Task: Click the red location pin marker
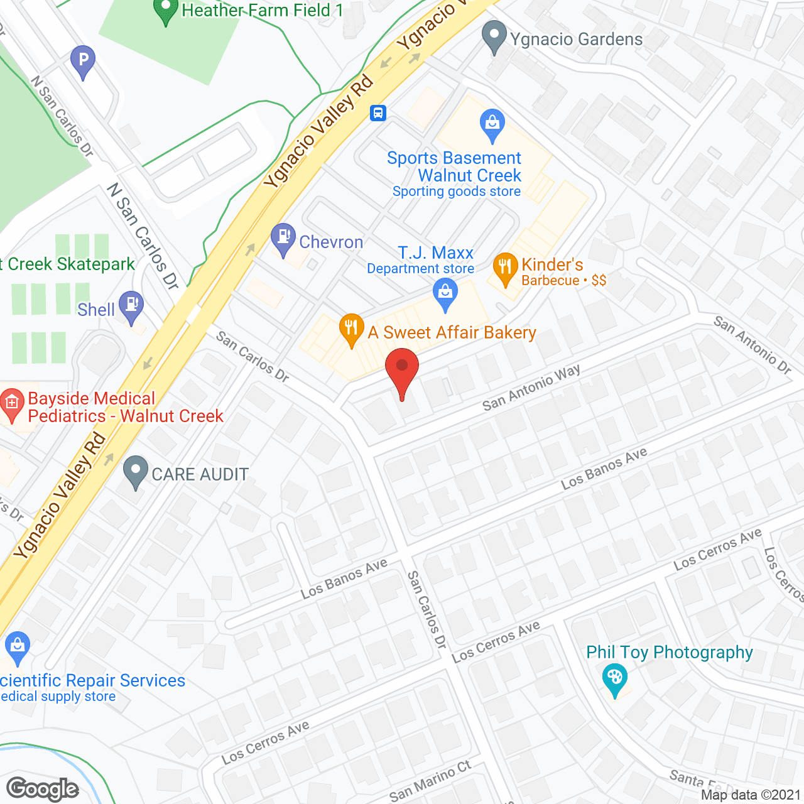tap(402, 371)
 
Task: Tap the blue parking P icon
tap(83, 61)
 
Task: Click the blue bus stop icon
tap(378, 112)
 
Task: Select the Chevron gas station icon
tap(283, 238)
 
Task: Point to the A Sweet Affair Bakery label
tap(452, 332)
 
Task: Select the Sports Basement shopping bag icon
tap(492, 124)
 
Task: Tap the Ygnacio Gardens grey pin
tap(494, 36)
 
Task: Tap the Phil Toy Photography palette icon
tap(614, 678)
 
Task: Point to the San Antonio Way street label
tap(531, 388)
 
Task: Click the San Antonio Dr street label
tap(752, 345)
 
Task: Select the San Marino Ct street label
tap(430, 781)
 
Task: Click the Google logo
tap(43, 789)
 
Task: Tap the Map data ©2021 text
tap(751, 795)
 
